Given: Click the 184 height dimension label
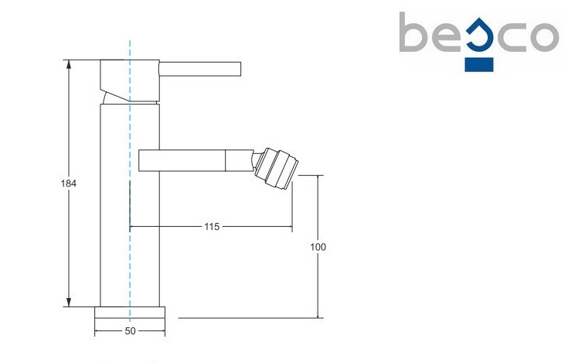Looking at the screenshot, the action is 67,183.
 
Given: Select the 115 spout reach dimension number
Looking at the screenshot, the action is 212,227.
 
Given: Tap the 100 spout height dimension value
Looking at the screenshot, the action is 318,247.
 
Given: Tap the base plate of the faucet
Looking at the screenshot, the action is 130,313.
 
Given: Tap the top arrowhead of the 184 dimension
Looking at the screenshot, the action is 69,63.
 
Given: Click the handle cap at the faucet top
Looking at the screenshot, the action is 130,74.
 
